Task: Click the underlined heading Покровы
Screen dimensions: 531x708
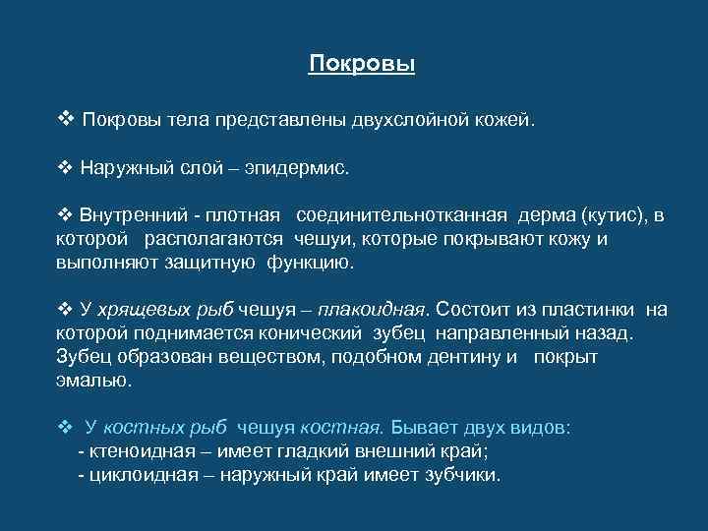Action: click(x=362, y=65)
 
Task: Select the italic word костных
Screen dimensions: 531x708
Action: click(x=143, y=428)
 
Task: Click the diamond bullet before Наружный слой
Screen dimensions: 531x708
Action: click(x=66, y=167)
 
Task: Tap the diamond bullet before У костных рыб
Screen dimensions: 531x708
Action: click(x=66, y=428)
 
